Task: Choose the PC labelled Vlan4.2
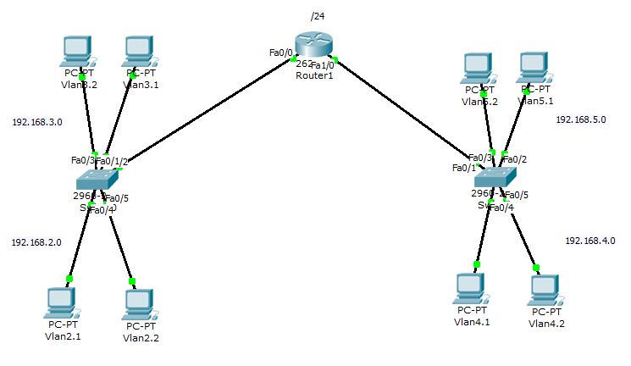tap(544, 291)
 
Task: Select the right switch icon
tap(494, 176)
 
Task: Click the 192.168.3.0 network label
tap(36, 122)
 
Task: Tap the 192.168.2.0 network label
tap(36, 242)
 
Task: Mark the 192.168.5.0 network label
tap(580, 120)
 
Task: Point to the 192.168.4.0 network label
tap(590, 241)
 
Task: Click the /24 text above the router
tap(318, 16)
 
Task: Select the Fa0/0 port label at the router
tap(280, 53)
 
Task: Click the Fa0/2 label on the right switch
tap(516, 158)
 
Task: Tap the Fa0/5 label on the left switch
tap(117, 199)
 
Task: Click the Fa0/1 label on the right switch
tap(464, 168)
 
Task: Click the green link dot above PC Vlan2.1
tap(69, 278)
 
